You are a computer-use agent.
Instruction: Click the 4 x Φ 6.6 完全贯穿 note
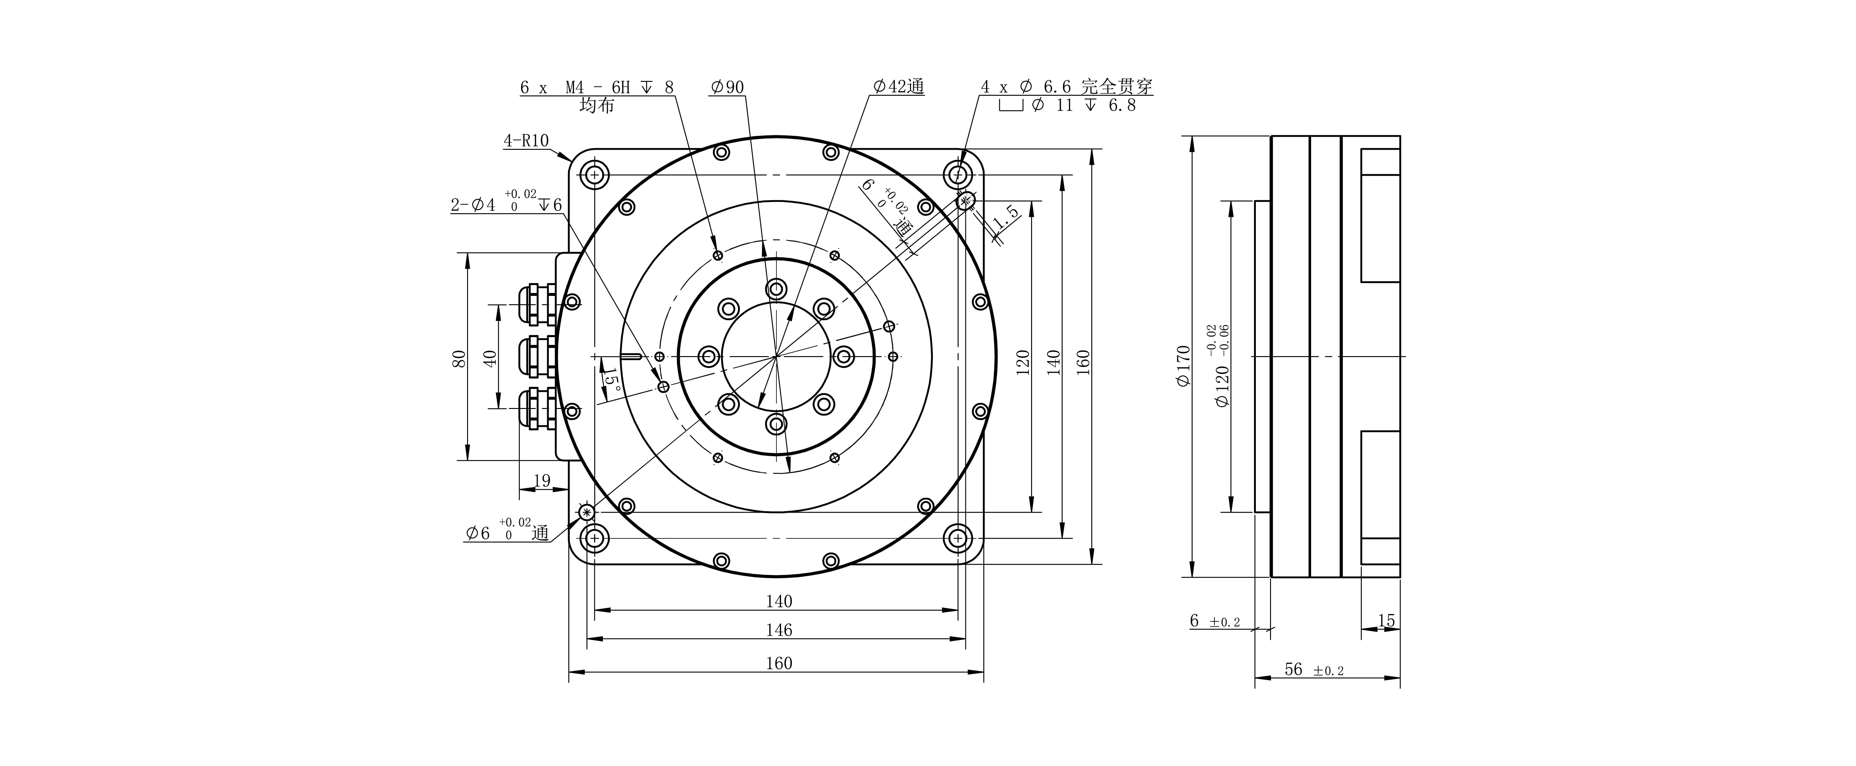[x=1066, y=87]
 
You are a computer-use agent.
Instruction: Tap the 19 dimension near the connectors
[x=542, y=481]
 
